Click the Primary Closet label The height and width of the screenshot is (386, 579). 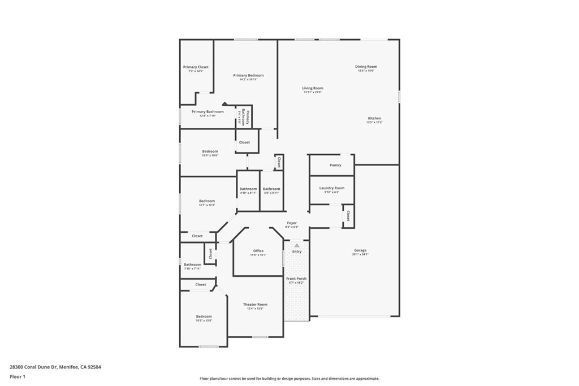[196, 67]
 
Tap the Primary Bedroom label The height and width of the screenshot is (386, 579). [248, 75]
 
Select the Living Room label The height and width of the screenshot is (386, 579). [312, 88]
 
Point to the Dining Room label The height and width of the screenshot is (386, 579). [366, 67]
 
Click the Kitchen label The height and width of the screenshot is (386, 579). [374, 118]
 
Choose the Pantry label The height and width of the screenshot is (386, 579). [335, 165]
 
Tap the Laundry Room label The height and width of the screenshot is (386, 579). [331, 188]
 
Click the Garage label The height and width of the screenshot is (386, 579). [360, 250]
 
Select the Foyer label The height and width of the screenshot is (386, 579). [292, 223]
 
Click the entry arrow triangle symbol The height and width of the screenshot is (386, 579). [296, 245]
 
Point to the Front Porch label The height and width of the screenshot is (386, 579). [296, 279]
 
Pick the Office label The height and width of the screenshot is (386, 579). [258, 251]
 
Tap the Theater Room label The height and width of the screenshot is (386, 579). [255, 305]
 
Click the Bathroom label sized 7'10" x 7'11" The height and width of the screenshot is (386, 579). [192, 264]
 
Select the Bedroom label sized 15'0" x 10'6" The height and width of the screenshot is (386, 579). [210, 151]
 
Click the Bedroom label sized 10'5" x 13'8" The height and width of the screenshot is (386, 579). [204, 316]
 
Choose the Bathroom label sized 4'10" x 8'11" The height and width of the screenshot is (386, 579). [248, 189]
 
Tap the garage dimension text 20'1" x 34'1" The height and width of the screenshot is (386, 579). [360, 254]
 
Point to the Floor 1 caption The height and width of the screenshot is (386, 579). [18, 376]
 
